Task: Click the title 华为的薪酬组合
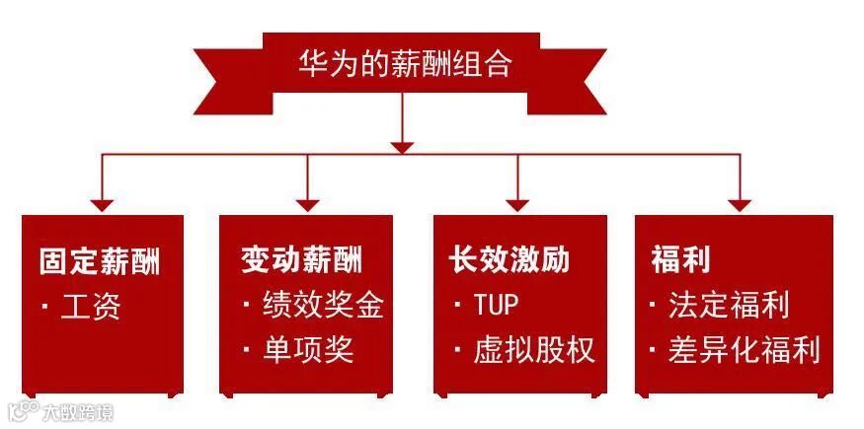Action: tap(405, 65)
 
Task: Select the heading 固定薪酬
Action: tap(100, 260)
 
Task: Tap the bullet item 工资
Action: tap(90, 307)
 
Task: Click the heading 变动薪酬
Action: tap(301, 260)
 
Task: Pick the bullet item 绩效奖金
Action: tap(322, 305)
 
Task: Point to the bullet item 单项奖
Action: tap(307, 350)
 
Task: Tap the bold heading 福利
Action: tap(680, 260)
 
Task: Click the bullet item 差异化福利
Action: tap(744, 350)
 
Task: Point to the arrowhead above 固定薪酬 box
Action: tap(102, 205)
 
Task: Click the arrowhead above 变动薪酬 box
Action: tap(308, 205)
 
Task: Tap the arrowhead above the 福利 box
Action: tap(740, 205)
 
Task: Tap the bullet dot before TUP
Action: tap(457, 305)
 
